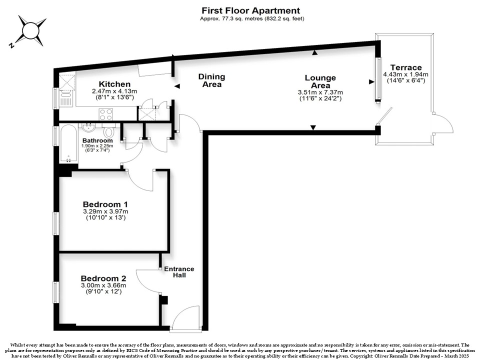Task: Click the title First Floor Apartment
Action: [x=250, y=10]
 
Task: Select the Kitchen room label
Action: [x=114, y=84]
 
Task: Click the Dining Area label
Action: [x=211, y=80]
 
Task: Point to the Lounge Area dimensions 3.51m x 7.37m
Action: [x=320, y=92]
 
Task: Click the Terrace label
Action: [x=406, y=67]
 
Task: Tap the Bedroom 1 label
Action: [x=105, y=204]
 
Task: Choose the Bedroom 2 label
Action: [x=103, y=278]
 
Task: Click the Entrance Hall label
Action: [x=179, y=272]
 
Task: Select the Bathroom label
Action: [x=97, y=140]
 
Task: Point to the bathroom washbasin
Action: [x=89, y=127]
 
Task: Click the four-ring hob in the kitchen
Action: [x=105, y=114]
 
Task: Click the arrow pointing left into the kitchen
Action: [x=177, y=86]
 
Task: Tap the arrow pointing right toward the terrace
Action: [x=371, y=81]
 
